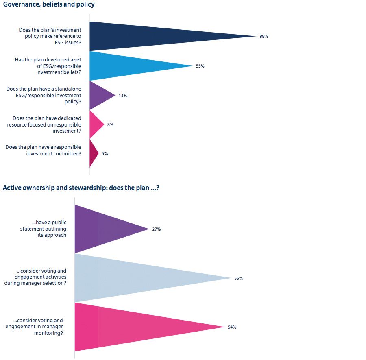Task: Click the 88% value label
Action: (x=264, y=36)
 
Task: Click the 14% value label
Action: (x=123, y=96)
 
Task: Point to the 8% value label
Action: (x=110, y=124)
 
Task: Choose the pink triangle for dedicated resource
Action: (x=95, y=124)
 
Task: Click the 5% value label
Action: (x=105, y=153)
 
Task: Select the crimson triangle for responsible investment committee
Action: (x=93, y=153)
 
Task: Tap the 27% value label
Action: (x=157, y=229)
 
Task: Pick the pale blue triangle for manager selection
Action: (x=134, y=278)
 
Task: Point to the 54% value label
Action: (x=232, y=327)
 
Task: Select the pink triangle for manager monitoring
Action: (x=130, y=327)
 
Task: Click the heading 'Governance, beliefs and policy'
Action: (x=49, y=5)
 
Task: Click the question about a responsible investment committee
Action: (x=43, y=150)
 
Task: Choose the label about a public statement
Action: (x=49, y=229)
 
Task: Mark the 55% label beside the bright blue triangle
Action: (x=200, y=66)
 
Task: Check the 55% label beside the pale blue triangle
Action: (x=238, y=278)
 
